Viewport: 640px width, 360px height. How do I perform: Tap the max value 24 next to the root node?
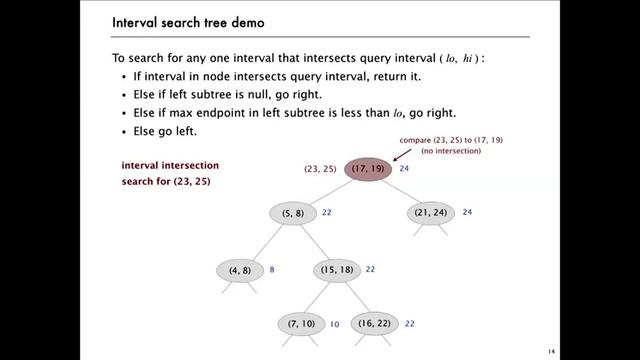(405, 170)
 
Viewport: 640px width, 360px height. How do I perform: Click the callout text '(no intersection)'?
(451, 151)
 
